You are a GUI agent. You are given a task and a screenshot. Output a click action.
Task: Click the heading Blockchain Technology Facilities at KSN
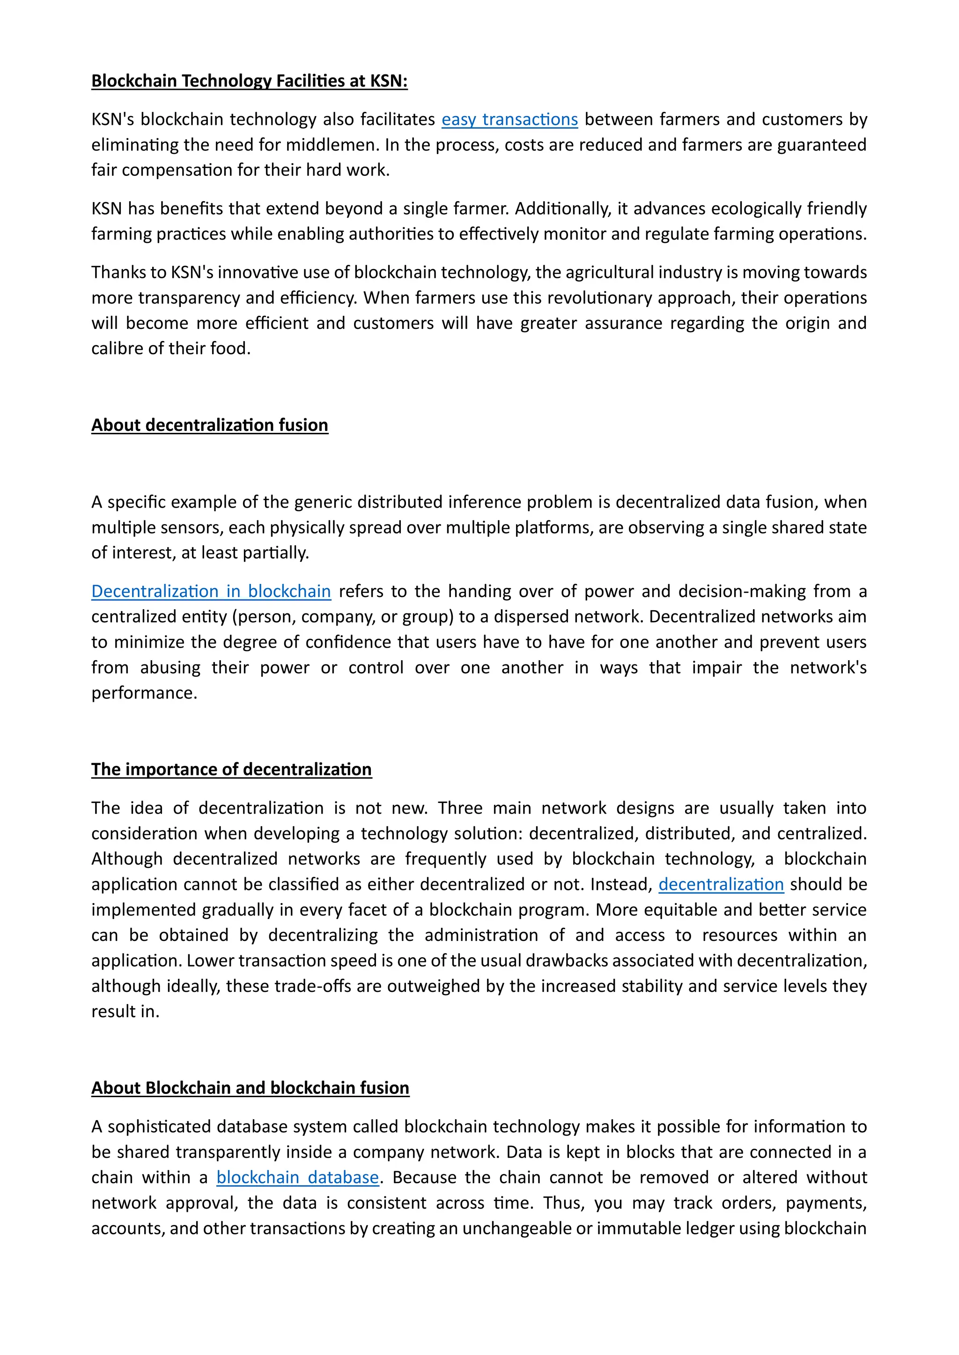pyautogui.click(x=249, y=81)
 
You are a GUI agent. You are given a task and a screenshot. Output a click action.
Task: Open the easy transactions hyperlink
pyautogui.click(x=509, y=119)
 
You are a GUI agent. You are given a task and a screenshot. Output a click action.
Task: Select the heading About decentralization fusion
pyautogui.click(x=210, y=425)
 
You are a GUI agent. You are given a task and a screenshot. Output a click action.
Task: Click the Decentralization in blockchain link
pyautogui.click(x=211, y=591)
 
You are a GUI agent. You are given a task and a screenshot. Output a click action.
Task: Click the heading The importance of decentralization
pyautogui.click(x=231, y=769)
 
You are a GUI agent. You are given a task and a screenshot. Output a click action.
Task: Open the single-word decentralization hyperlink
pyautogui.click(x=721, y=884)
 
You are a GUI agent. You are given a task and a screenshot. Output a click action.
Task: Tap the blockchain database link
pyautogui.click(x=297, y=1177)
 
